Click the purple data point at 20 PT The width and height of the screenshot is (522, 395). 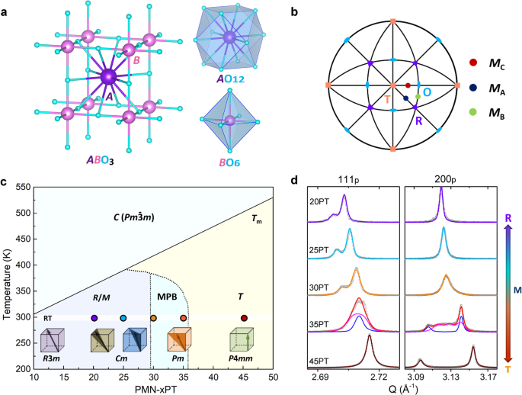click(94, 318)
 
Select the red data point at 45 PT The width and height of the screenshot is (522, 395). click(244, 318)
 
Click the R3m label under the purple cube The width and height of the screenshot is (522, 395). click(52, 358)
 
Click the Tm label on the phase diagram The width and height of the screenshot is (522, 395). click(255, 218)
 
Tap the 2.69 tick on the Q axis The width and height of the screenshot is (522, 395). click(319, 377)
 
